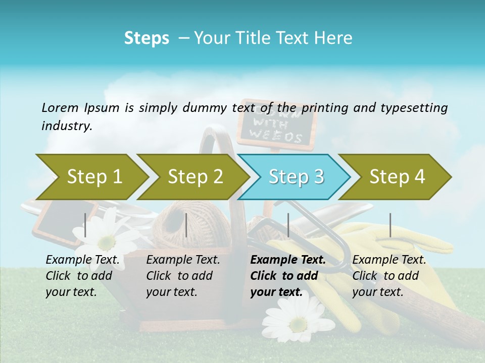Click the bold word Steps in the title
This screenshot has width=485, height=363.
point(147,38)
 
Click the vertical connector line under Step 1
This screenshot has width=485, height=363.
point(85,225)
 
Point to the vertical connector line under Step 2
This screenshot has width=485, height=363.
point(186,225)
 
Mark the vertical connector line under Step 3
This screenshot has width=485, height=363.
point(288,225)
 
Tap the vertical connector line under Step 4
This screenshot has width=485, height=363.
point(390,225)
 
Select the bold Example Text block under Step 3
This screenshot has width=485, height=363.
point(288,276)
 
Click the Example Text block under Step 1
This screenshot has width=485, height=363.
point(82,276)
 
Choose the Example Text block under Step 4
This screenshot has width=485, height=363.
point(389,276)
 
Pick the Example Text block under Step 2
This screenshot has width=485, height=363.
point(183,276)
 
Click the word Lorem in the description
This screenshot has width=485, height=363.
point(60,108)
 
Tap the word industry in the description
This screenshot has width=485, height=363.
point(66,126)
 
